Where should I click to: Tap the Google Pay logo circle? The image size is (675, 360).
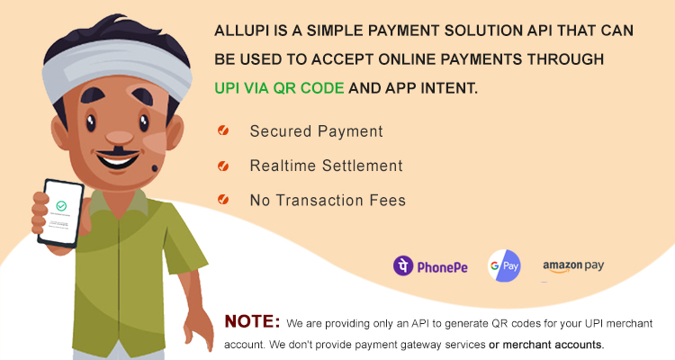505,265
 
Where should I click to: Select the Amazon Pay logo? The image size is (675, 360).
572,266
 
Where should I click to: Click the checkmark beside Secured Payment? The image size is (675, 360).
222,131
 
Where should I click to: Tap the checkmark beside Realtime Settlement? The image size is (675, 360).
222,166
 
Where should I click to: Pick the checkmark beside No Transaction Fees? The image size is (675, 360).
222,200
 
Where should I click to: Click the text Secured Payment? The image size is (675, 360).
316,131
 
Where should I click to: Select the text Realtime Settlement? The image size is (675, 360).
326,166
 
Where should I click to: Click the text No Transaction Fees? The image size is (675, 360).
328,200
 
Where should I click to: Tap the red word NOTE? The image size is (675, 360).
253,321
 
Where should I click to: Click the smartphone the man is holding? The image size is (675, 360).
58,212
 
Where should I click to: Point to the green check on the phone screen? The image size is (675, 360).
61,206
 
